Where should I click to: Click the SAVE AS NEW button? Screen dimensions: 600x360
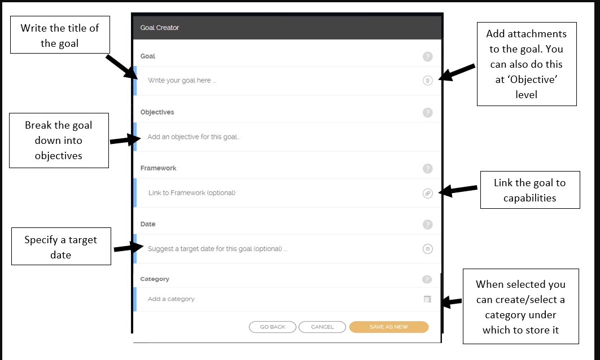(389, 327)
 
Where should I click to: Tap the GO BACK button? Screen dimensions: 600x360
(273, 327)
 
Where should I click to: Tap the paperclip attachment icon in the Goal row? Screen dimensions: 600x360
(428, 80)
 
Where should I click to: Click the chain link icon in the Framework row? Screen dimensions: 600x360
(428, 193)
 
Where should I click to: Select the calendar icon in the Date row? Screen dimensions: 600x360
(428, 249)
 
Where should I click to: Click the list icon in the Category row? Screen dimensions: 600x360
(427, 299)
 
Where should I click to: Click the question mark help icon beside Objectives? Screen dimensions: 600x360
(428, 112)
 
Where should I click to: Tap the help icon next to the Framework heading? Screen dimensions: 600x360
(428, 168)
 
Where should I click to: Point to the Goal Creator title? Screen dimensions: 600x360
(160, 27)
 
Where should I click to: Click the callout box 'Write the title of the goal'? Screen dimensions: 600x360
(60, 35)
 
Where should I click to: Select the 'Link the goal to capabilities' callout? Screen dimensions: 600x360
(529, 190)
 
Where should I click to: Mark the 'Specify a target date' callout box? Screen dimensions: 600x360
(61, 247)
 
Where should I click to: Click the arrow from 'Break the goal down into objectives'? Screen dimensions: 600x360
(122, 139)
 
